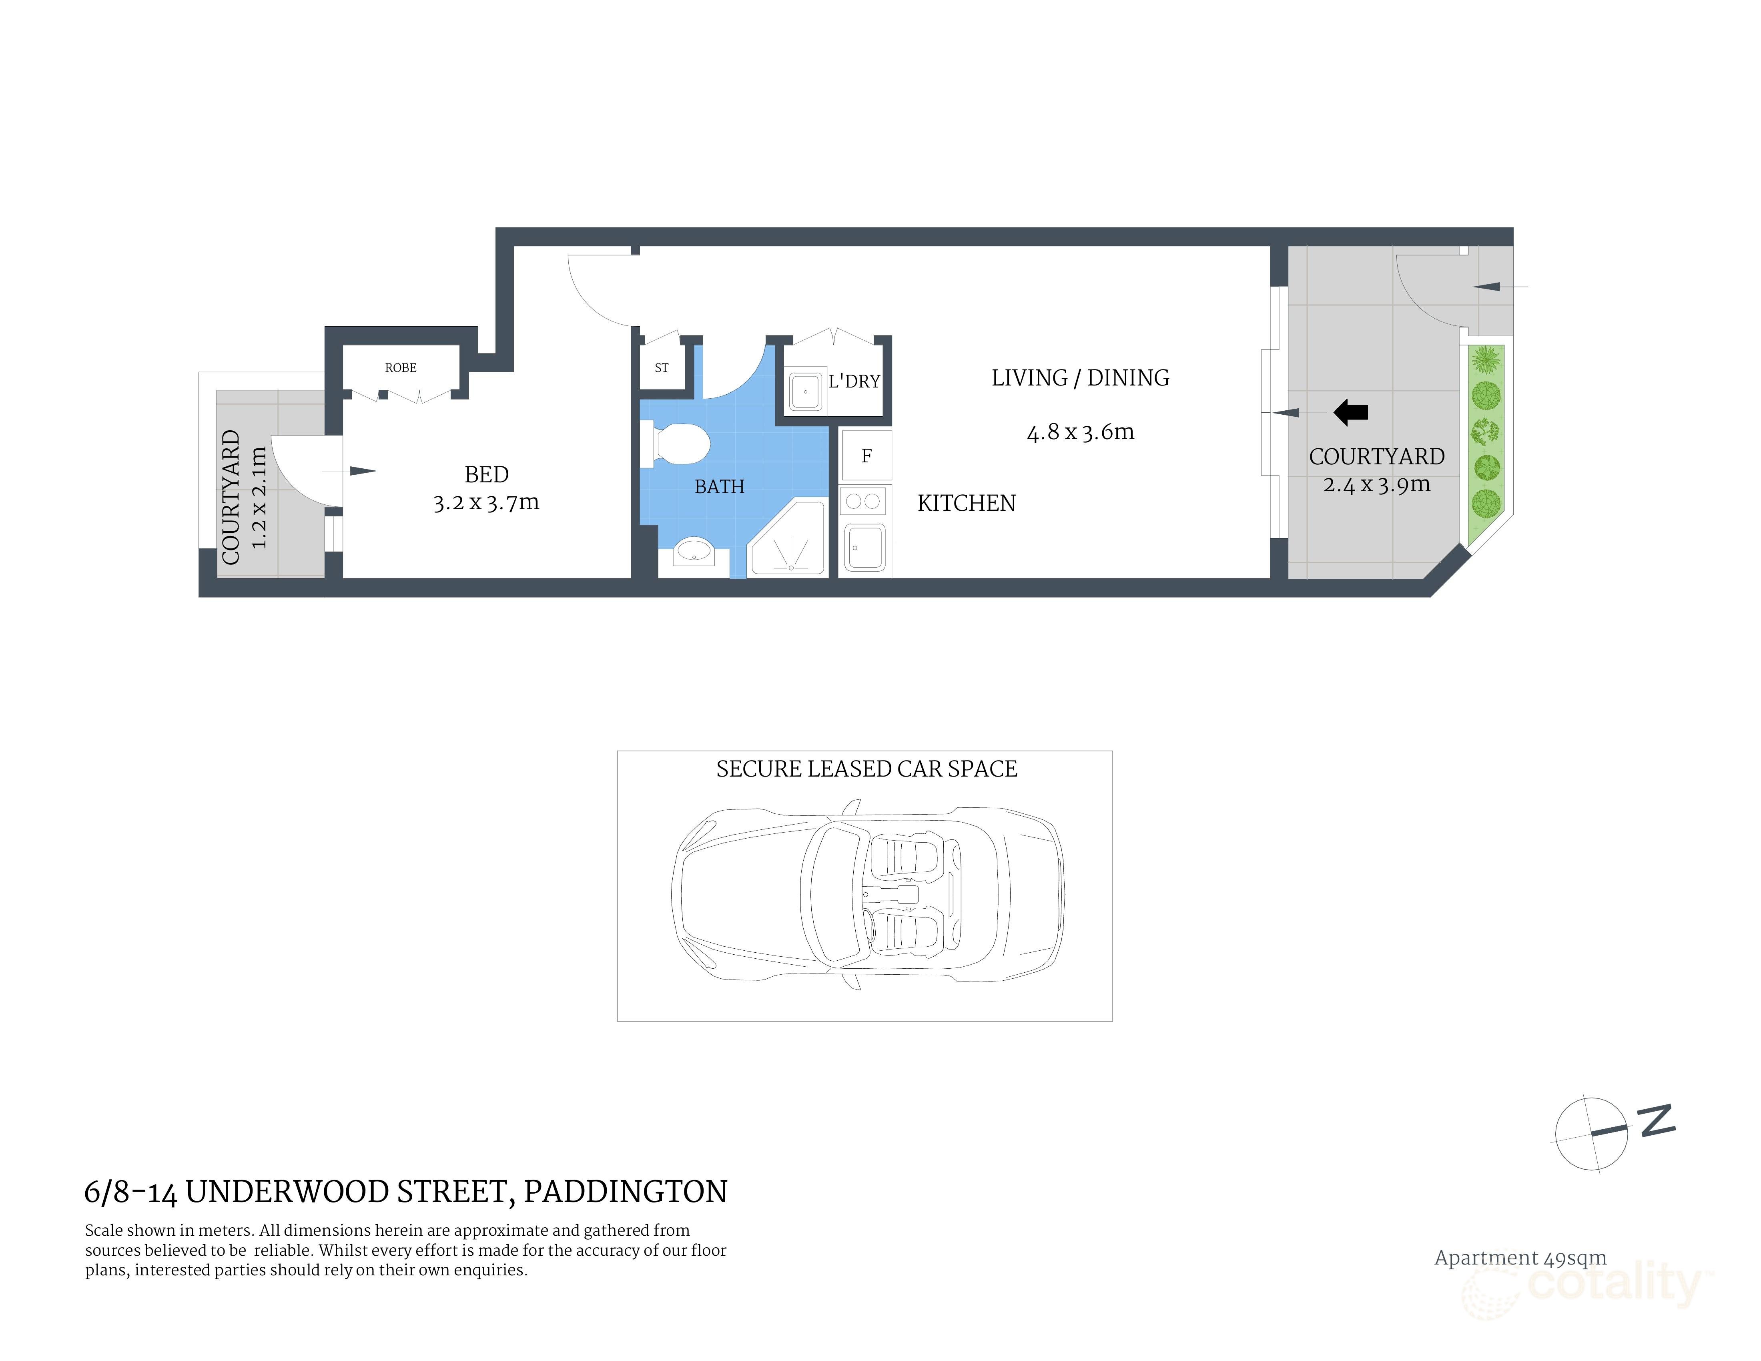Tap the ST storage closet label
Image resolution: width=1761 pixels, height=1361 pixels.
661,367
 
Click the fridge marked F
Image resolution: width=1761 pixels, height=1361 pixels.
866,456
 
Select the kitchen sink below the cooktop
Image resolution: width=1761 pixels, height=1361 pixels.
865,547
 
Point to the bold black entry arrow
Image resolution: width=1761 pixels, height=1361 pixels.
1352,413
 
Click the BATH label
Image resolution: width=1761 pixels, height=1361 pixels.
719,487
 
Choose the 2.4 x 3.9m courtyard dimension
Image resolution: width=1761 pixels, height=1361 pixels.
1376,485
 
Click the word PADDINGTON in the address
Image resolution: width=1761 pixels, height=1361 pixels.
626,1192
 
